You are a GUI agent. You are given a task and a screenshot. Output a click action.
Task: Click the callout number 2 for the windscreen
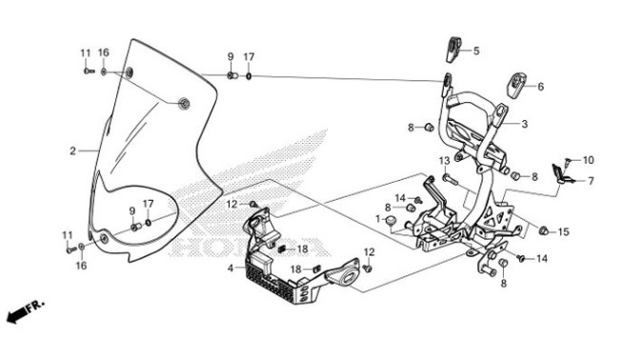72,151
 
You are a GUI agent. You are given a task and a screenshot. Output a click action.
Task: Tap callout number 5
476,50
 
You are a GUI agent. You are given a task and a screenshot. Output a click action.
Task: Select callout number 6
541,87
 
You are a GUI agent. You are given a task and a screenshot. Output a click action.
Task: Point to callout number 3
525,124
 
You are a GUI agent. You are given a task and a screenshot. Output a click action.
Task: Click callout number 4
231,269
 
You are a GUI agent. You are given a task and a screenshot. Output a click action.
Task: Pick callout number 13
445,161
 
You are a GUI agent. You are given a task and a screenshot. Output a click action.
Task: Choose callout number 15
563,232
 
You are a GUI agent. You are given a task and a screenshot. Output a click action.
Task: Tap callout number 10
589,160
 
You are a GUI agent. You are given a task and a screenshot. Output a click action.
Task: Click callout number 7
592,181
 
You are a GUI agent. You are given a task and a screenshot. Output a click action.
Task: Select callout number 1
378,218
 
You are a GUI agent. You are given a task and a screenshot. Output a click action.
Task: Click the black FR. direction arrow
16,315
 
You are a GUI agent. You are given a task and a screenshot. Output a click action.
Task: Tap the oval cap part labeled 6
515,84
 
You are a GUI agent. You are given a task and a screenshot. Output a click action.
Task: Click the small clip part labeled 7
562,174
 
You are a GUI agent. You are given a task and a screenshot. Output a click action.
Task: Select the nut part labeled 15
543,230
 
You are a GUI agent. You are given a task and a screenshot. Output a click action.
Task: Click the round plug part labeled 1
391,219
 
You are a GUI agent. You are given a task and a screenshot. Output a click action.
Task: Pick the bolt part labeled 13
451,180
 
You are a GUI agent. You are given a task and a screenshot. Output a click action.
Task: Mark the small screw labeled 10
568,162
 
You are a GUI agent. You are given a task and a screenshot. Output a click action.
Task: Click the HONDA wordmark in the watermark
250,247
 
